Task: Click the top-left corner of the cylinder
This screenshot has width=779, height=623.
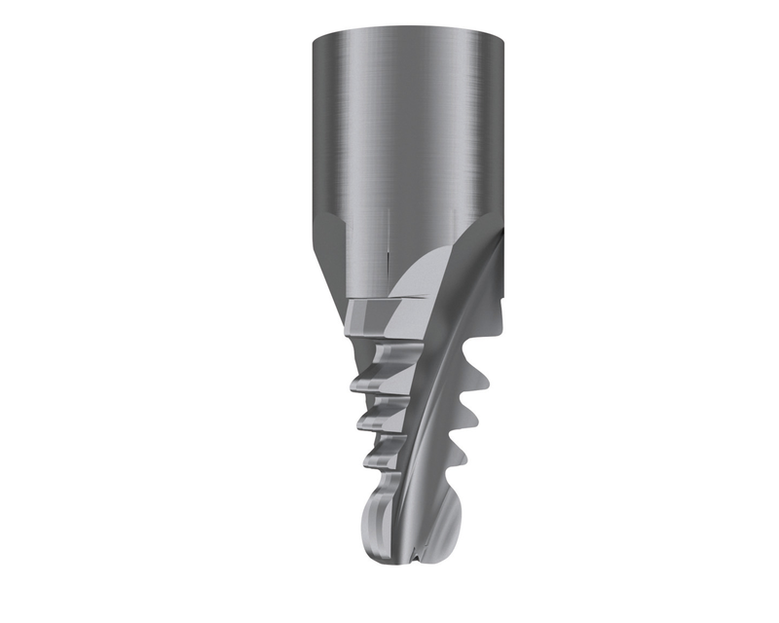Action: [x=314, y=38]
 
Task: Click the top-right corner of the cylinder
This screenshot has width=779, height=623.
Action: [x=505, y=38]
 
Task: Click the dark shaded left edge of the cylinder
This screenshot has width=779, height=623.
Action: [x=318, y=127]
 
